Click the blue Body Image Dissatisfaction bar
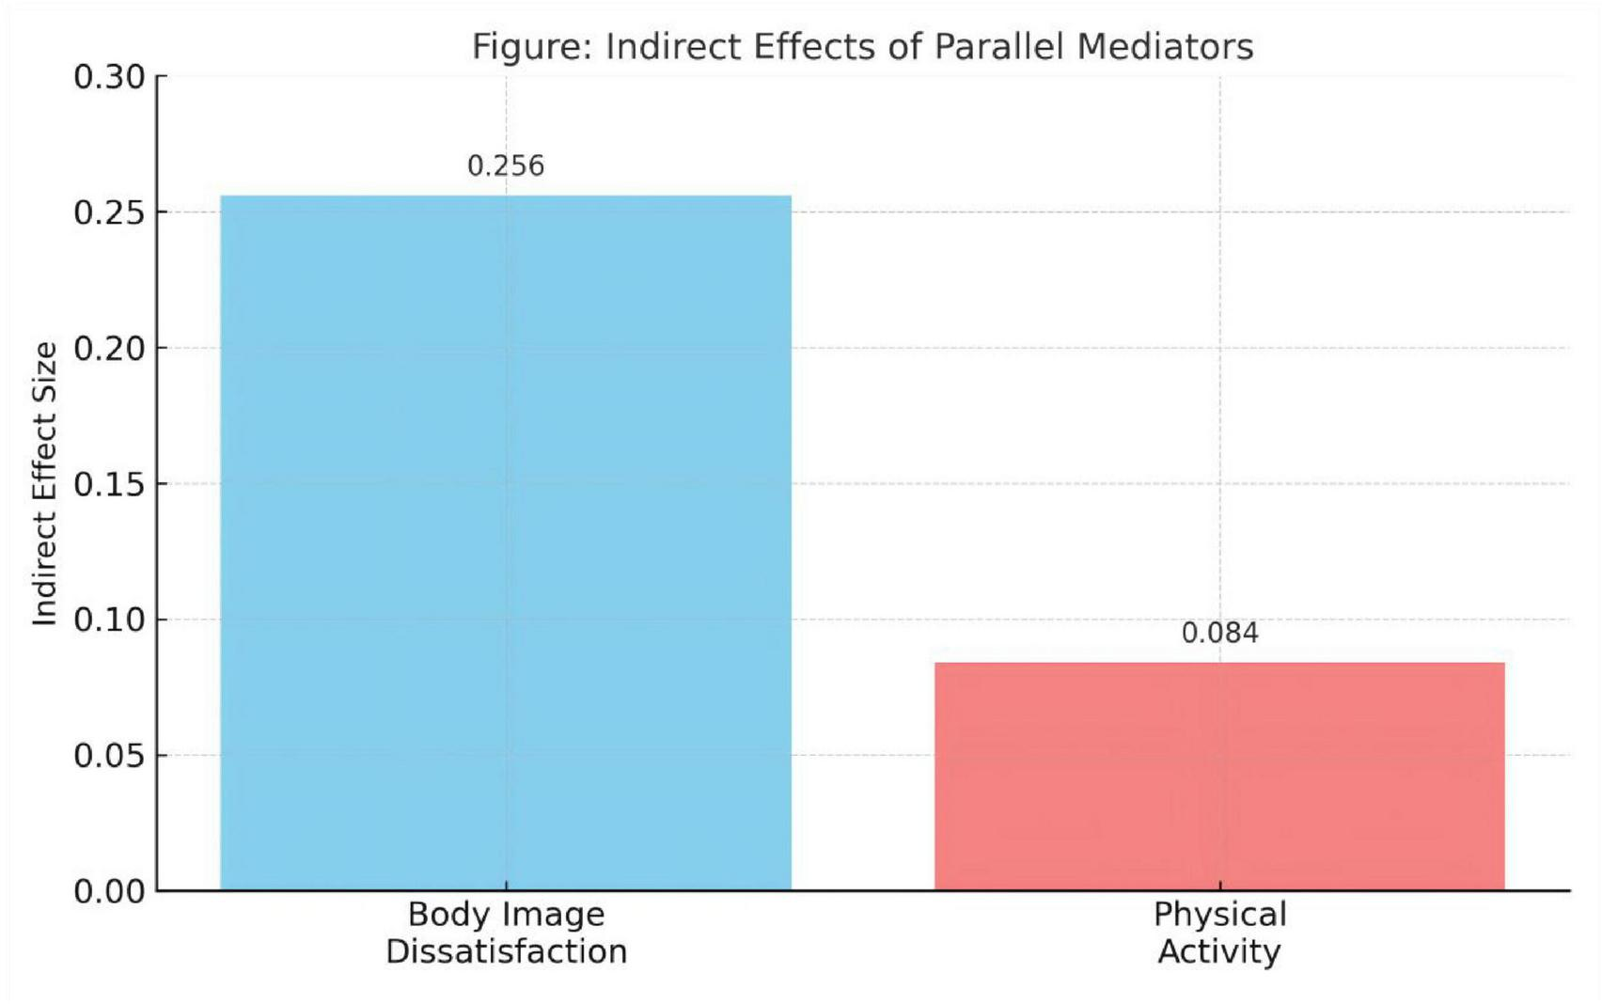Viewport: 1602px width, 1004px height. [506, 542]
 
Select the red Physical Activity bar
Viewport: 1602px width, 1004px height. [1219, 777]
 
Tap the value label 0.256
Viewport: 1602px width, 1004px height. [506, 166]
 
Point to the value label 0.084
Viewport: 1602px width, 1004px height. [1219, 634]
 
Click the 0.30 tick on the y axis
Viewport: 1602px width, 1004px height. [109, 77]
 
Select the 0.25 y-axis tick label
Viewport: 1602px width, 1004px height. [109, 213]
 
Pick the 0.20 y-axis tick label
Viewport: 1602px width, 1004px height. [109, 349]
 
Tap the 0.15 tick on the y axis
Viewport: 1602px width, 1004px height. [109, 485]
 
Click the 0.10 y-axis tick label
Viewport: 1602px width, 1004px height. [109, 620]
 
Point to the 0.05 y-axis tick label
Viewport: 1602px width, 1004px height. [109, 756]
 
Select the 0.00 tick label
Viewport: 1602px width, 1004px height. [109, 891]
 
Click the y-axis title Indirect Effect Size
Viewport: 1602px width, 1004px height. [45, 483]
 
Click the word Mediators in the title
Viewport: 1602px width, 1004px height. [1165, 46]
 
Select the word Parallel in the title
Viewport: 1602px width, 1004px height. [1000, 46]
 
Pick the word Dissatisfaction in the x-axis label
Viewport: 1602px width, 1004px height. [506, 951]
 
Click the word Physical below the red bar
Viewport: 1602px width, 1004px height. [1219, 915]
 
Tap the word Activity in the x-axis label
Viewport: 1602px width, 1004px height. [1219, 951]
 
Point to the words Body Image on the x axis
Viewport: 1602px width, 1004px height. [506, 915]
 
